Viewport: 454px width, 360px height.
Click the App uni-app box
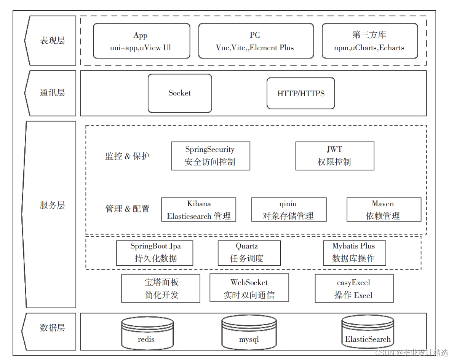pyautogui.click(x=141, y=41)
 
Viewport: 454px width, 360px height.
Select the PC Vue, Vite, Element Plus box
pyautogui.click(x=256, y=41)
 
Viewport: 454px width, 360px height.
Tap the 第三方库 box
pyautogui.click(x=369, y=41)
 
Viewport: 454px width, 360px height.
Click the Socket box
pyautogui.click(x=179, y=93)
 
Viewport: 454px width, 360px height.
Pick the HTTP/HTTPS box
pyautogui.click(x=301, y=93)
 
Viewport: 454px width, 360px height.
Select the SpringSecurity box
pyautogui.click(x=210, y=156)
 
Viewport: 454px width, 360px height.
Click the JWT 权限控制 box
pyautogui.click(x=334, y=156)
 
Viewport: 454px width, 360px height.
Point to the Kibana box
pyautogui.click(x=198, y=210)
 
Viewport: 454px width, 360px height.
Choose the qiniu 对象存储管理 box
pyautogui.click(x=288, y=210)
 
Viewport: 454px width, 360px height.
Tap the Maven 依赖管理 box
pyautogui.click(x=383, y=210)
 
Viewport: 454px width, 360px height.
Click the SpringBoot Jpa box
pyautogui.click(x=154, y=253)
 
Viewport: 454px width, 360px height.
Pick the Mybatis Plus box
pyautogui.click(x=354, y=253)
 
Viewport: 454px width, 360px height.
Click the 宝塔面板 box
pyautogui.click(x=160, y=288)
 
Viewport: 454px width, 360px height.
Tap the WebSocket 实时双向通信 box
pyautogui.click(x=249, y=288)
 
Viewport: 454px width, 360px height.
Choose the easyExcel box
pyautogui.click(x=354, y=288)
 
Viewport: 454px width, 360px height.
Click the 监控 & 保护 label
pyautogui.click(x=127, y=156)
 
